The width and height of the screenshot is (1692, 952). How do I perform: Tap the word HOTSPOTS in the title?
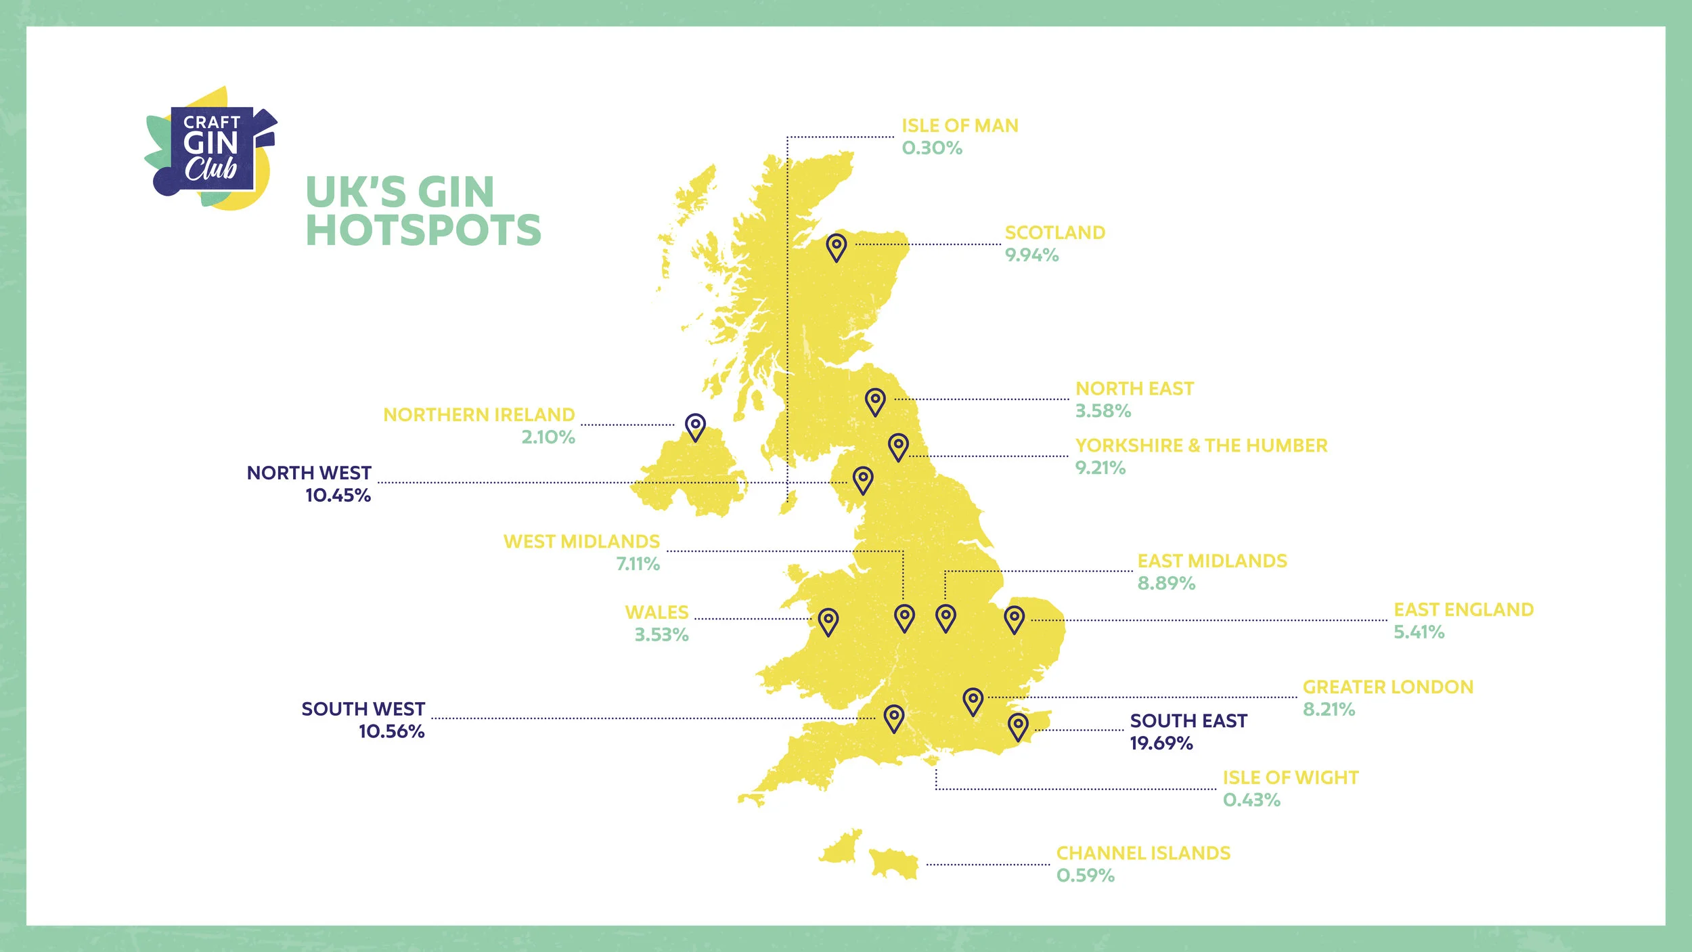[x=424, y=230]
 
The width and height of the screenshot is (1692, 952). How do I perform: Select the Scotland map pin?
[x=837, y=247]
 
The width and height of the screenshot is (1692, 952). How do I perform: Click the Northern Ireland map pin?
[x=695, y=427]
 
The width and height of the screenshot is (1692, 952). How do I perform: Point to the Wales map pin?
[x=828, y=620]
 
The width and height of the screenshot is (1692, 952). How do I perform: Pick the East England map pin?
[x=1014, y=619]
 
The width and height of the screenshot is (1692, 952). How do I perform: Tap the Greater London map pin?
[x=973, y=701]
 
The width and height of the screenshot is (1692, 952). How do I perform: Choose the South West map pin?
[x=893, y=717]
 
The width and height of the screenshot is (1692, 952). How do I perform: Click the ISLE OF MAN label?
[x=960, y=126]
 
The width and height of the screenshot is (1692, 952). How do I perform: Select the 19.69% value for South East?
[x=1161, y=743]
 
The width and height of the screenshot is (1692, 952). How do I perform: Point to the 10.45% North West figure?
[x=338, y=496]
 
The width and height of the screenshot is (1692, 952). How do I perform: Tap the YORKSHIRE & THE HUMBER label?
[x=1201, y=446]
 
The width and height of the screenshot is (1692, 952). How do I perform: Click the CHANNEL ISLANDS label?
[x=1143, y=853]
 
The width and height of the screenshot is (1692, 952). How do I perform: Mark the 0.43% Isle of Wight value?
[x=1251, y=800]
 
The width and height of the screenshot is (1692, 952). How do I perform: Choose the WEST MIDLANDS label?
[x=581, y=542]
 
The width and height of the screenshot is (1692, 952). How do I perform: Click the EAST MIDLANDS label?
[x=1212, y=561]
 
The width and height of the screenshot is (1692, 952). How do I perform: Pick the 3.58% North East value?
[x=1103, y=411]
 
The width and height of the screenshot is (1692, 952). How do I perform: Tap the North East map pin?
[x=875, y=401]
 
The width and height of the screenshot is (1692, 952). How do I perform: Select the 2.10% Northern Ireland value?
[x=548, y=437]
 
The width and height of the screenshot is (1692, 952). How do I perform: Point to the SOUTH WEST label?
[x=363, y=709]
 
